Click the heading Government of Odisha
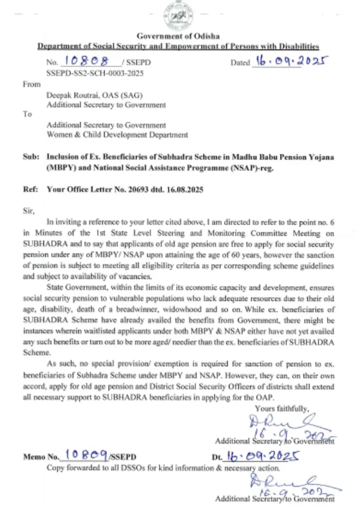(x=178, y=36)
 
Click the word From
(x=32, y=84)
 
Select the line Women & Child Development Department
(x=117, y=135)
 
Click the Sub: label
(x=31, y=157)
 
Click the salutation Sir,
(x=29, y=211)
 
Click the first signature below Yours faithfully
(x=282, y=427)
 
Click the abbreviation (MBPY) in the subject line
(x=61, y=168)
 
